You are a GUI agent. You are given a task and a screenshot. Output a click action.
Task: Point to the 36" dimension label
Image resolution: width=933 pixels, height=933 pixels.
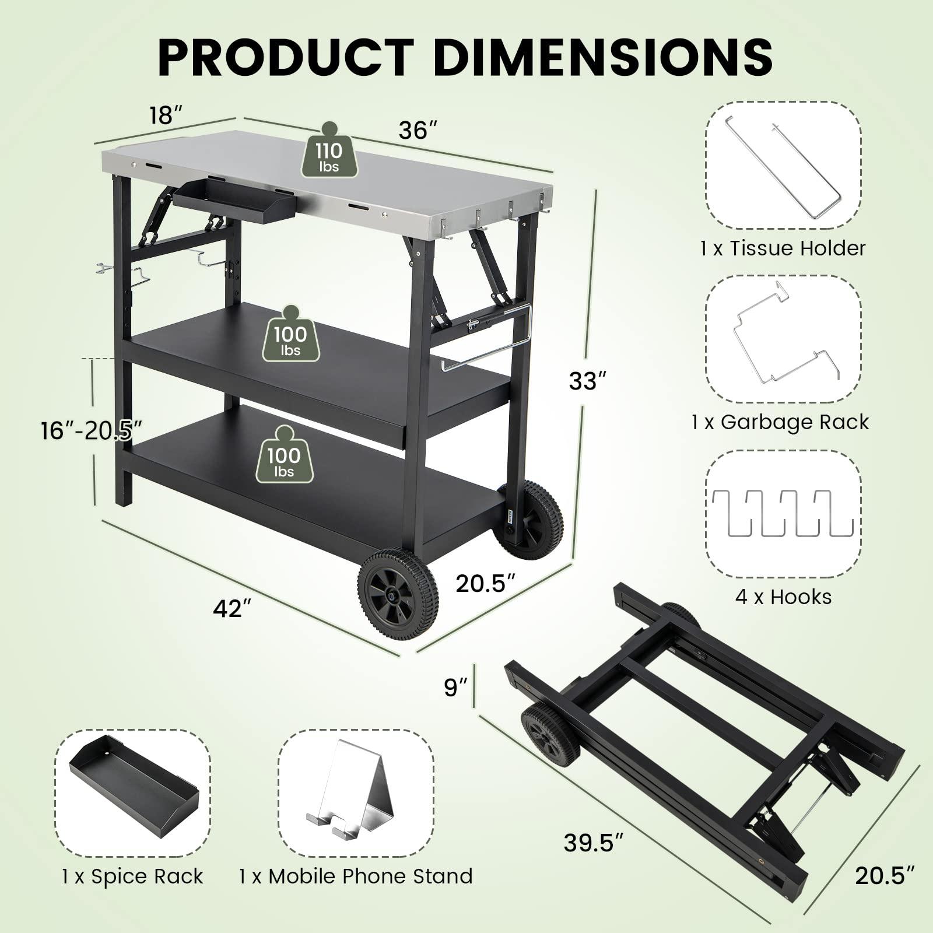(418, 130)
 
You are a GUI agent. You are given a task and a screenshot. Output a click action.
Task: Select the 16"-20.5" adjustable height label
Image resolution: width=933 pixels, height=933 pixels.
(92, 431)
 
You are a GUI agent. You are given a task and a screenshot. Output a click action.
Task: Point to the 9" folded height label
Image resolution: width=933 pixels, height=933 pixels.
(455, 688)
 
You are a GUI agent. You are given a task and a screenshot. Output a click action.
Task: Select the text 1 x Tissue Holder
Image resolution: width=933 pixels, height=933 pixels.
(783, 248)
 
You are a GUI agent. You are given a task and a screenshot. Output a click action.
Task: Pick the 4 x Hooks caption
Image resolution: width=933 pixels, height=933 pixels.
(783, 597)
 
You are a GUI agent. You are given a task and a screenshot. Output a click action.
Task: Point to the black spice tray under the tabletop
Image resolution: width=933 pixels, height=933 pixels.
(233, 201)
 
